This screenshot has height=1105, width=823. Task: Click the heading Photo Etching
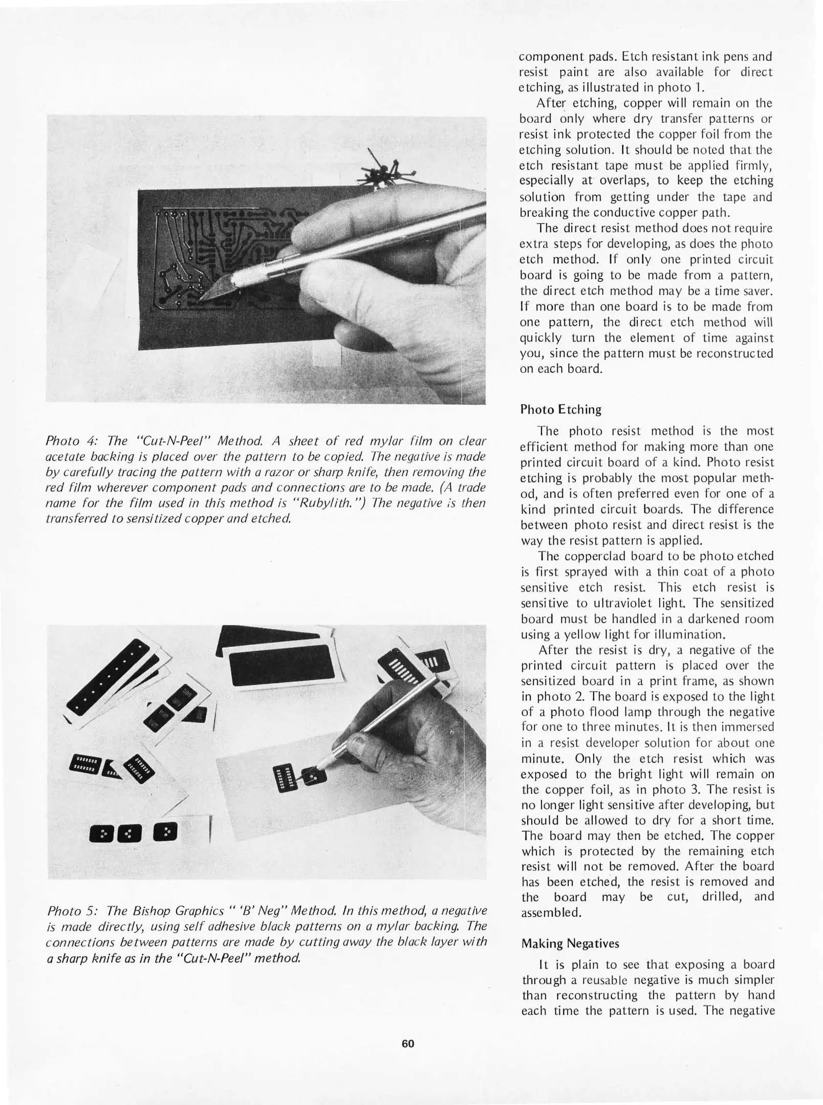(560, 409)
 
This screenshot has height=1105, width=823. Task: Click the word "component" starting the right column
(550, 56)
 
